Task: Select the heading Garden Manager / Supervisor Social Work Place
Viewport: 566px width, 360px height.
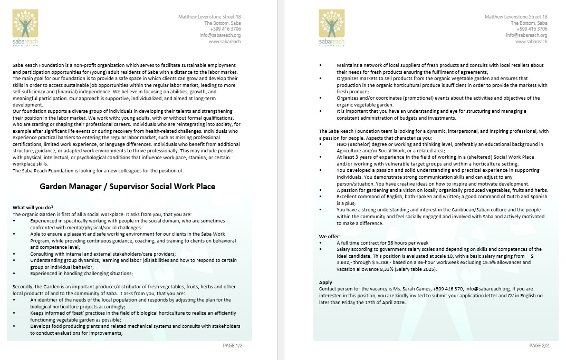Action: [127, 187]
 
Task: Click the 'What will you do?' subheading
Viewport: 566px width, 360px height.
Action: [33, 207]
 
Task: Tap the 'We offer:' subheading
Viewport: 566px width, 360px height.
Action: [330, 236]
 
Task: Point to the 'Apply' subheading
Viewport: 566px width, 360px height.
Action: [325, 283]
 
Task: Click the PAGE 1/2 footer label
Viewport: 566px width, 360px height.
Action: [233, 345]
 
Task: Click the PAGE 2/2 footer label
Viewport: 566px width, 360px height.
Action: [539, 345]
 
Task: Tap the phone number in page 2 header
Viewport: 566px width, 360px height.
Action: [533, 29]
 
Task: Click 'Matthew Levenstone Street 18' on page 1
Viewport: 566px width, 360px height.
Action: [209, 17]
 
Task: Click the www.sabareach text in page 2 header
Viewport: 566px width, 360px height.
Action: [531, 42]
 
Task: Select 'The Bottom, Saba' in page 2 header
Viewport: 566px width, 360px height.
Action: [529, 23]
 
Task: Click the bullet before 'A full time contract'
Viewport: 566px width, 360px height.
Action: [322, 243]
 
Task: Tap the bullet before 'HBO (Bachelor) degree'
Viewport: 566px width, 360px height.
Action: [322, 144]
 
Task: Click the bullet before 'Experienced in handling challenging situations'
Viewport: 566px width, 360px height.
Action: [15, 273]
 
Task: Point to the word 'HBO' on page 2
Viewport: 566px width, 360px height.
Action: [342, 144]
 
